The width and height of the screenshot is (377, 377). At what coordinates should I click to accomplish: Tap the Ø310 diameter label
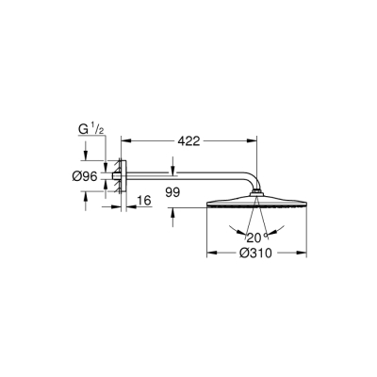point(256,253)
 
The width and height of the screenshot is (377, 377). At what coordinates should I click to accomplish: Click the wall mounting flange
point(118,176)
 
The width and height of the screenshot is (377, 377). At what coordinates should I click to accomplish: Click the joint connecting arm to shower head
point(256,196)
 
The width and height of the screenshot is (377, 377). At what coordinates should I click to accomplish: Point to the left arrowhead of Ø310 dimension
point(209,253)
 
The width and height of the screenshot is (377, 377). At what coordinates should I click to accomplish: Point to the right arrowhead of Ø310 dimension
point(303,253)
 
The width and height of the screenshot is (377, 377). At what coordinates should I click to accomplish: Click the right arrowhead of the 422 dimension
point(253,141)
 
